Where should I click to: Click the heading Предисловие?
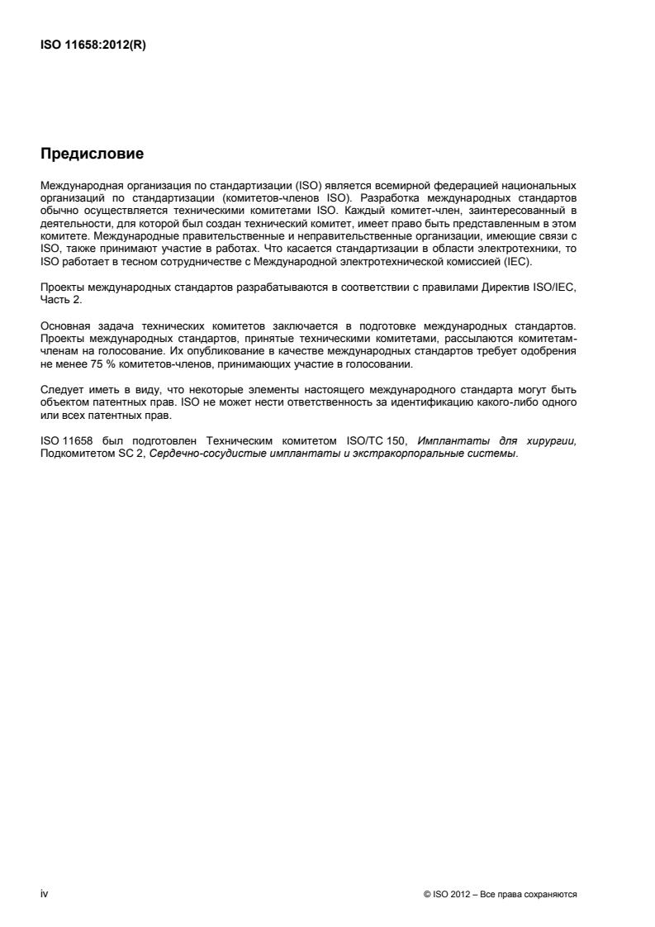tap(92, 154)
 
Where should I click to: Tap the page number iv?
tap(44, 893)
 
